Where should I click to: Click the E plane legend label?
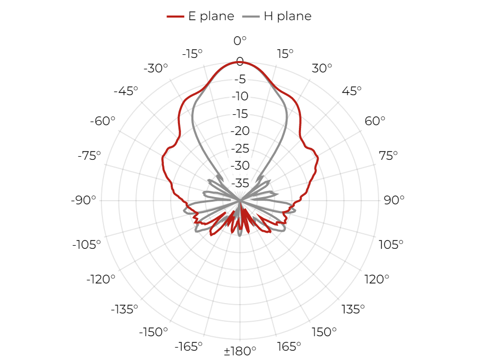coord(211,16)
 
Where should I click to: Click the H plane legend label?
coord(288,16)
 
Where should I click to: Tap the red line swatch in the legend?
coord(175,17)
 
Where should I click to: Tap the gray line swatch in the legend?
coord(251,17)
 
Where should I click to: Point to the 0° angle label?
coord(240,41)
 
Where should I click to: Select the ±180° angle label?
coord(240,351)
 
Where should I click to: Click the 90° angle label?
coord(394,200)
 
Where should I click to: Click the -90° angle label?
coord(83,200)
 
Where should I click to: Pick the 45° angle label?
coord(352,91)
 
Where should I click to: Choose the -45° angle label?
coord(126,91)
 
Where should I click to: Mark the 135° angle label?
coord(353,309)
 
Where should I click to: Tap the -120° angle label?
coord(101,280)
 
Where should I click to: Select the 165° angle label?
coord(289,347)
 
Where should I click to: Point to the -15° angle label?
coord(192,54)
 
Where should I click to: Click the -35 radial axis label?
coord(240,183)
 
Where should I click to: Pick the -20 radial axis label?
coord(240,131)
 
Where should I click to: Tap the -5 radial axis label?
coord(240,80)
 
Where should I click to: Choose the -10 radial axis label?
coord(240,97)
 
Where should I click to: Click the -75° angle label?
coord(89,156)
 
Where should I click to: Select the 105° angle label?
coord(391,245)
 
